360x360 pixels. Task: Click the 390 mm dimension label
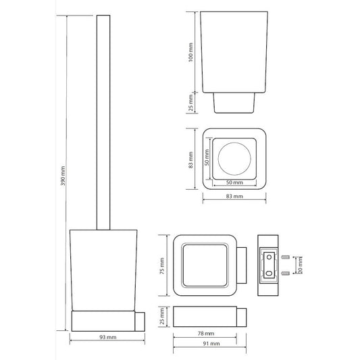(x=63, y=176)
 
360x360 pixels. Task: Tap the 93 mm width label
(x=107, y=337)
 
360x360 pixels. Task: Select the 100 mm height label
(x=190, y=53)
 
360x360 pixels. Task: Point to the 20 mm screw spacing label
(x=300, y=265)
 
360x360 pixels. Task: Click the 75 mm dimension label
(x=162, y=265)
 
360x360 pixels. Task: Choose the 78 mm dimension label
(x=206, y=333)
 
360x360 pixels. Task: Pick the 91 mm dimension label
(x=211, y=344)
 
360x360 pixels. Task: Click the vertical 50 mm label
(x=207, y=157)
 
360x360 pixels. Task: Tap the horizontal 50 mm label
(x=234, y=182)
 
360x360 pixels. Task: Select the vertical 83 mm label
(x=190, y=160)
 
